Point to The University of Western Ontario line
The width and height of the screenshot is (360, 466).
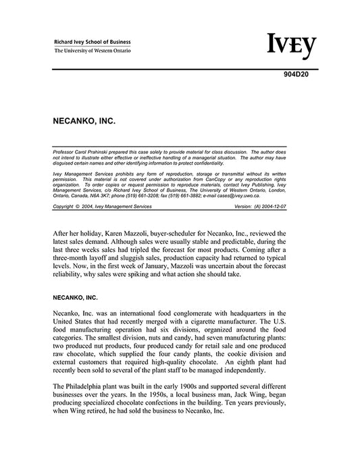[93, 51]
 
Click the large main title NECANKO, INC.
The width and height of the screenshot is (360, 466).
[84, 124]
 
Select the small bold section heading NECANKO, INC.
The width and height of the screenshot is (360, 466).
[74, 296]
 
